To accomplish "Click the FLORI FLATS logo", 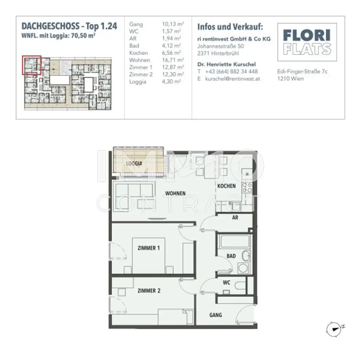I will click(307, 42).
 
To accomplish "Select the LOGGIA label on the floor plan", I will click(134, 163).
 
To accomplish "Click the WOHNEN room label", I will click(175, 193).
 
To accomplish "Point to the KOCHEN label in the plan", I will click(226, 186).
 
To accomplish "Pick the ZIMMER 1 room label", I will click(149, 248).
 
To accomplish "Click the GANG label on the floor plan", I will click(216, 315).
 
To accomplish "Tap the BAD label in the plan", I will click(231, 256).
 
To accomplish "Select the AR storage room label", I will click(235, 218).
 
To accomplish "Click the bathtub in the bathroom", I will click(234, 242).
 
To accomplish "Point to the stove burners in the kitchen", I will click(247, 188).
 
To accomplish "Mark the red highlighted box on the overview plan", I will click(32, 65).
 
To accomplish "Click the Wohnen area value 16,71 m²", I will click(172, 60).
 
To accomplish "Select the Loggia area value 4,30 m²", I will click(171, 82).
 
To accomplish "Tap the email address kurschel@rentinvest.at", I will click(233, 79).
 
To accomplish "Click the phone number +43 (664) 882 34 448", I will click(232, 71).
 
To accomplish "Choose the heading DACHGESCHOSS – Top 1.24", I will click(69, 26).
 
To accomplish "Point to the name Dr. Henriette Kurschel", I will click(226, 64).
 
